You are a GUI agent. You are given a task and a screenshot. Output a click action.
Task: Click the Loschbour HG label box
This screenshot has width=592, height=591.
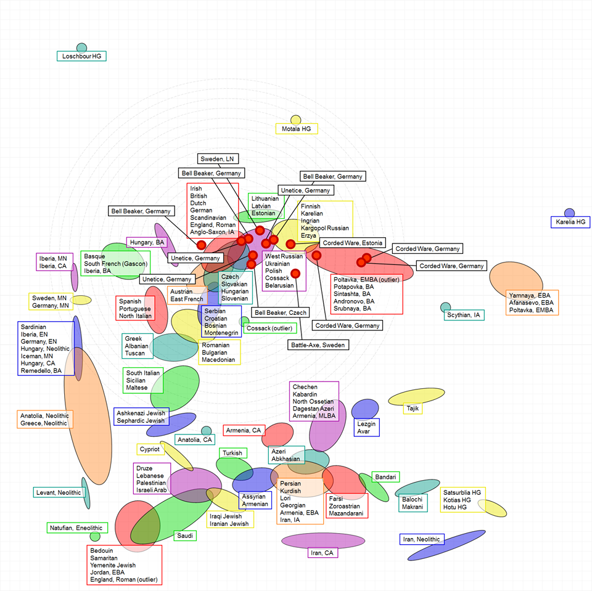click(x=81, y=56)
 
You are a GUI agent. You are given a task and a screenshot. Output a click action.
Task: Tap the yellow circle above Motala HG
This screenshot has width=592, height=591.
click(x=296, y=120)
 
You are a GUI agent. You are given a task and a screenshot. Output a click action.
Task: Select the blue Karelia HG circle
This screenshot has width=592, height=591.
click(x=569, y=213)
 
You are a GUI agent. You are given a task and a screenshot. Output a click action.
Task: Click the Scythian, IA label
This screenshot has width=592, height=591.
click(x=464, y=315)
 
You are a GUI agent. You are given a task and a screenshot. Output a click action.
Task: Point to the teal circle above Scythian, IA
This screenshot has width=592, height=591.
click(x=445, y=307)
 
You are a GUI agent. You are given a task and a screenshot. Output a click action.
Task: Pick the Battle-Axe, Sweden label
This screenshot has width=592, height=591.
click(x=318, y=345)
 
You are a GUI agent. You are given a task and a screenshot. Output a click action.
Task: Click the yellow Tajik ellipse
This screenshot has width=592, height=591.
click(x=421, y=397)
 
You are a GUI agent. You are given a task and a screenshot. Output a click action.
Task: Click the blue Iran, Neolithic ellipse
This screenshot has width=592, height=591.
click(x=446, y=545)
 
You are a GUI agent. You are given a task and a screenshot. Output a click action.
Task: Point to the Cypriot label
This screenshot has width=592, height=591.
click(x=149, y=449)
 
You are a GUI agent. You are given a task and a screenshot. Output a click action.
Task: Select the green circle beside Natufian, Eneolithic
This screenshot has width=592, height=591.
click(x=95, y=536)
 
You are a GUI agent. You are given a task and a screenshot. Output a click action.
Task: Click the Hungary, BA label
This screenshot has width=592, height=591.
click(x=147, y=242)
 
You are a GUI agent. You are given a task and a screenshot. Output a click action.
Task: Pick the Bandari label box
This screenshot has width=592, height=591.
click(x=386, y=477)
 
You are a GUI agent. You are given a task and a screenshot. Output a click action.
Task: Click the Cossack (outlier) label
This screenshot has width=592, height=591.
click(x=270, y=328)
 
